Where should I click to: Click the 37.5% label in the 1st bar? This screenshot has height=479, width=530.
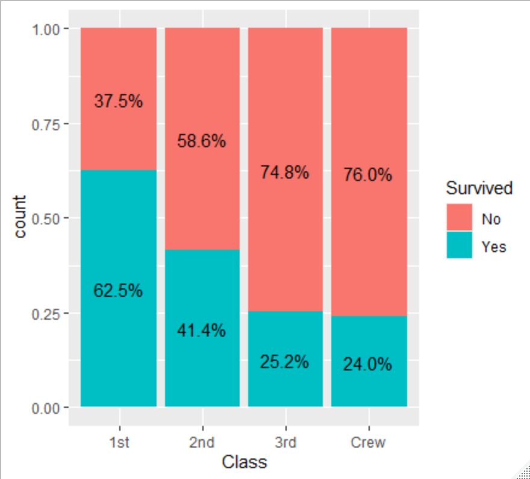point(119,101)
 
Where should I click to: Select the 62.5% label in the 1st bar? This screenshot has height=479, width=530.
point(119,290)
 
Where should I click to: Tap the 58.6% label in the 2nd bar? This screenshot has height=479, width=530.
point(202,141)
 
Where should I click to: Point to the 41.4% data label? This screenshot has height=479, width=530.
point(202,331)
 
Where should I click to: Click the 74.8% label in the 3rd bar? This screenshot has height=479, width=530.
point(285,173)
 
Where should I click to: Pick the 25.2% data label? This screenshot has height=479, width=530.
point(285,362)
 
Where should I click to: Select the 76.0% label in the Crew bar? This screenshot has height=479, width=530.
point(368,175)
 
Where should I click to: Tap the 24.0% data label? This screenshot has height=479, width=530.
point(368,364)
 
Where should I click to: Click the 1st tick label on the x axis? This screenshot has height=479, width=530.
point(119,443)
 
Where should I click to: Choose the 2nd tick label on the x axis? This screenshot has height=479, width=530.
point(202,443)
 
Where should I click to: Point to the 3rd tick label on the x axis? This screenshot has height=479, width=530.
point(285,443)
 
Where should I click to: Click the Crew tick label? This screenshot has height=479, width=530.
point(368,443)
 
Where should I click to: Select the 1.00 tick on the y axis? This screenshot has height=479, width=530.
point(46,29)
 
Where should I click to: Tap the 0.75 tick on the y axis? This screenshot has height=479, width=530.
point(46,124)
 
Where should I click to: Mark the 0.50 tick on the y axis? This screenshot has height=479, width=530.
point(46,218)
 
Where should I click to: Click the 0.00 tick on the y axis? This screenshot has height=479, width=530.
point(46,408)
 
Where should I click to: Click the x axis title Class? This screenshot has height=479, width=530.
point(244,463)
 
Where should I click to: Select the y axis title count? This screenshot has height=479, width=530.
point(20,217)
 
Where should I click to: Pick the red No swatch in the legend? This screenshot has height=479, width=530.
point(459,218)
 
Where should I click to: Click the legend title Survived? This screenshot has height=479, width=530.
point(479,188)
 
